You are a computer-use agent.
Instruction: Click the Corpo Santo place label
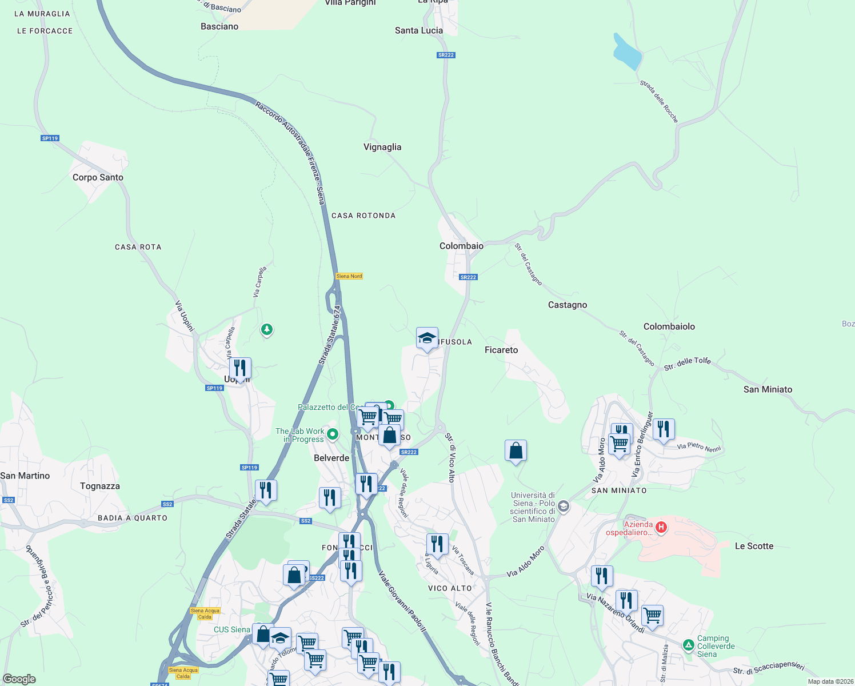(x=98, y=177)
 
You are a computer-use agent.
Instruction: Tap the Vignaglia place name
(x=382, y=147)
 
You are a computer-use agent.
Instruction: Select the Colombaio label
(x=461, y=246)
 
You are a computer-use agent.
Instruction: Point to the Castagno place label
(x=567, y=305)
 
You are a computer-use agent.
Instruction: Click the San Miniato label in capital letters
(x=619, y=490)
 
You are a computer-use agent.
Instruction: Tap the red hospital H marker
(x=661, y=527)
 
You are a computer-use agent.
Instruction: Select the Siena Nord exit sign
(x=349, y=276)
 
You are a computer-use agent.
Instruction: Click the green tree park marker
(x=266, y=329)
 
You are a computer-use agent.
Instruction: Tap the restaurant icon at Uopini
(x=240, y=368)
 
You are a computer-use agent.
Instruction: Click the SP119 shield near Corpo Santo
(x=50, y=138)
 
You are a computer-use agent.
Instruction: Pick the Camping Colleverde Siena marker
(x=688, y=645)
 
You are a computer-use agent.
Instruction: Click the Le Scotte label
(x=754, y=546)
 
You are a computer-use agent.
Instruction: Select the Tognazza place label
(x=100, y=486)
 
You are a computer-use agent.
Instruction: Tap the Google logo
(x=19, y=679)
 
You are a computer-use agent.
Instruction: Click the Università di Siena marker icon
(x=564, y=506)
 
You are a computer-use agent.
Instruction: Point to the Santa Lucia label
(x=419, y=30)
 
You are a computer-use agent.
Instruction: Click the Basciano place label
(x=219, y=26)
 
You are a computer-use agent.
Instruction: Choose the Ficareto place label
(x=501, y=350)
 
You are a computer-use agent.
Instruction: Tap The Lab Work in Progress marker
(x=333, y=434)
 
